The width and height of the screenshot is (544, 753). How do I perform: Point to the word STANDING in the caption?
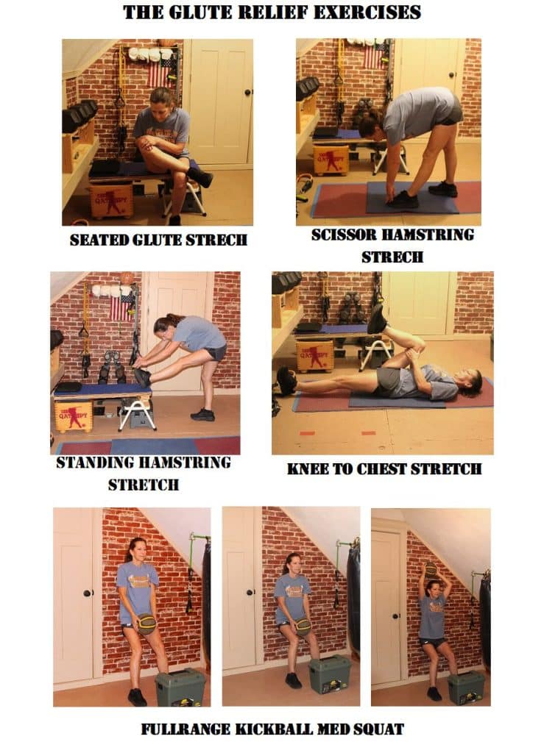[x=95, y=463]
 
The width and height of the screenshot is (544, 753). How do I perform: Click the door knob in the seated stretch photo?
[x=248, y=92]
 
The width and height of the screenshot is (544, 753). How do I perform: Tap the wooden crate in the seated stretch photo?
[x=111, y=200]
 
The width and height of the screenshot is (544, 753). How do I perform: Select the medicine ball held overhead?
[x=431, y=569]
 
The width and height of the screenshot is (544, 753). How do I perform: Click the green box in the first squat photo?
[x=180, y=688]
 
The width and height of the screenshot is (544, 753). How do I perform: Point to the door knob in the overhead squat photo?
[x=396, y=615]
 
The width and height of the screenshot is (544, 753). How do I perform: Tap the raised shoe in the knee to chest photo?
[x=376, y=318]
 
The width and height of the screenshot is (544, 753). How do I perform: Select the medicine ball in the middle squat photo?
[x=303, y=627]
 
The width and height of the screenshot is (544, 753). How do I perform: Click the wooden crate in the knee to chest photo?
[x=315, y=356]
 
